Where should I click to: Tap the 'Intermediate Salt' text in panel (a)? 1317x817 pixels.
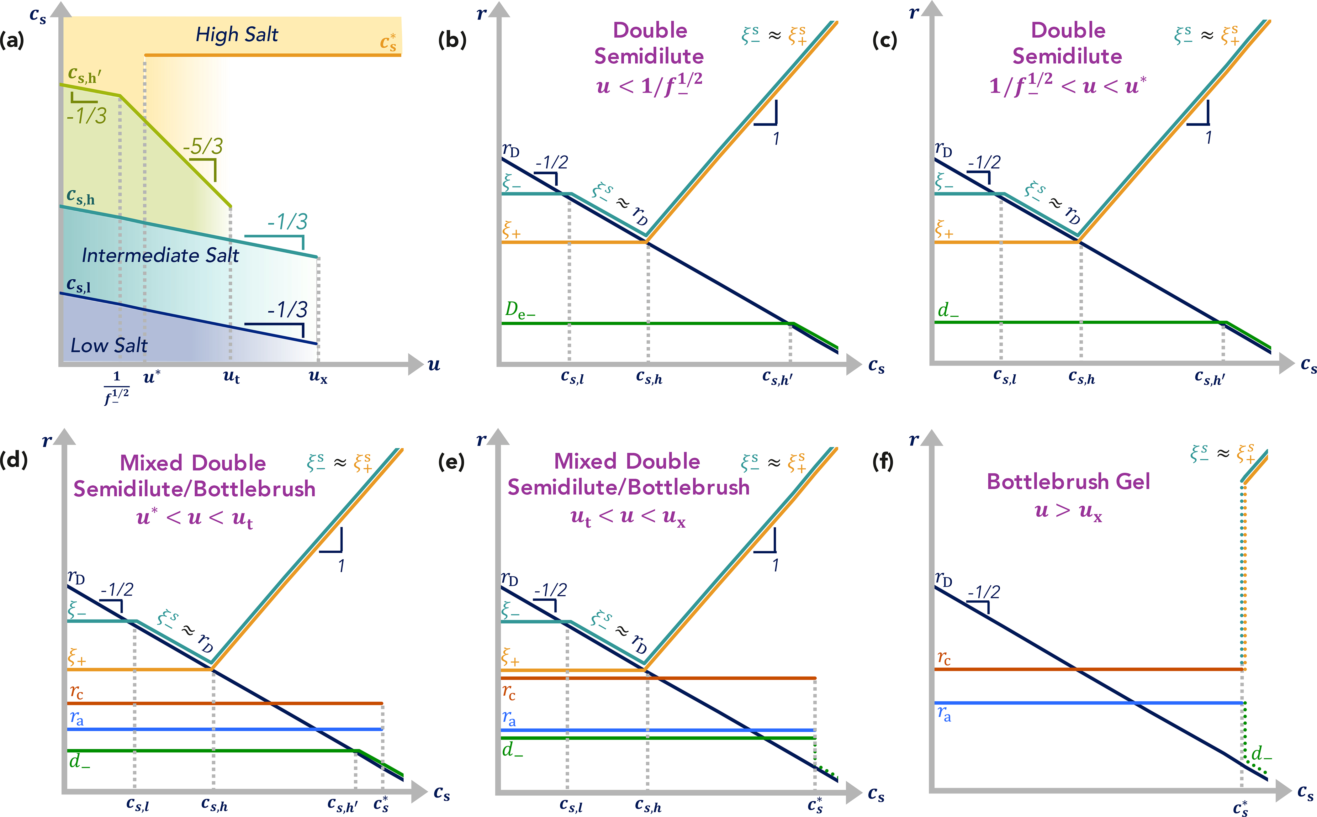(x=160, y=255)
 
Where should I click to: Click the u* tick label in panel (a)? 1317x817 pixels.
(x=151, y=377)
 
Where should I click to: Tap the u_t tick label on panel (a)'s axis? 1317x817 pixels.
(x=231, y=377)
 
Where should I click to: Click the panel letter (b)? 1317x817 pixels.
(x=452, y=40)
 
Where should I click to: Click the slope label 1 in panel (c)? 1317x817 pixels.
(x=1209, y=138)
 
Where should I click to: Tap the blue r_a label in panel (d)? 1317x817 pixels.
(x=77, y=718)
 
